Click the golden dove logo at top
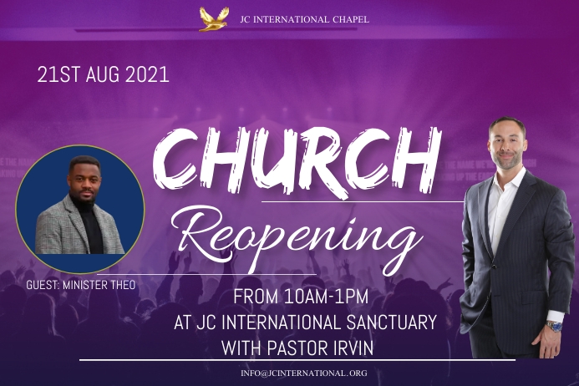tap(213, 18)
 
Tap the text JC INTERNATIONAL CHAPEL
tap(304, 18)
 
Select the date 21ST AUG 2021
tap(103, 74)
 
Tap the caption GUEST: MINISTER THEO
tap(80, 285)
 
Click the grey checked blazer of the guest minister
tap(54, 230)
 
